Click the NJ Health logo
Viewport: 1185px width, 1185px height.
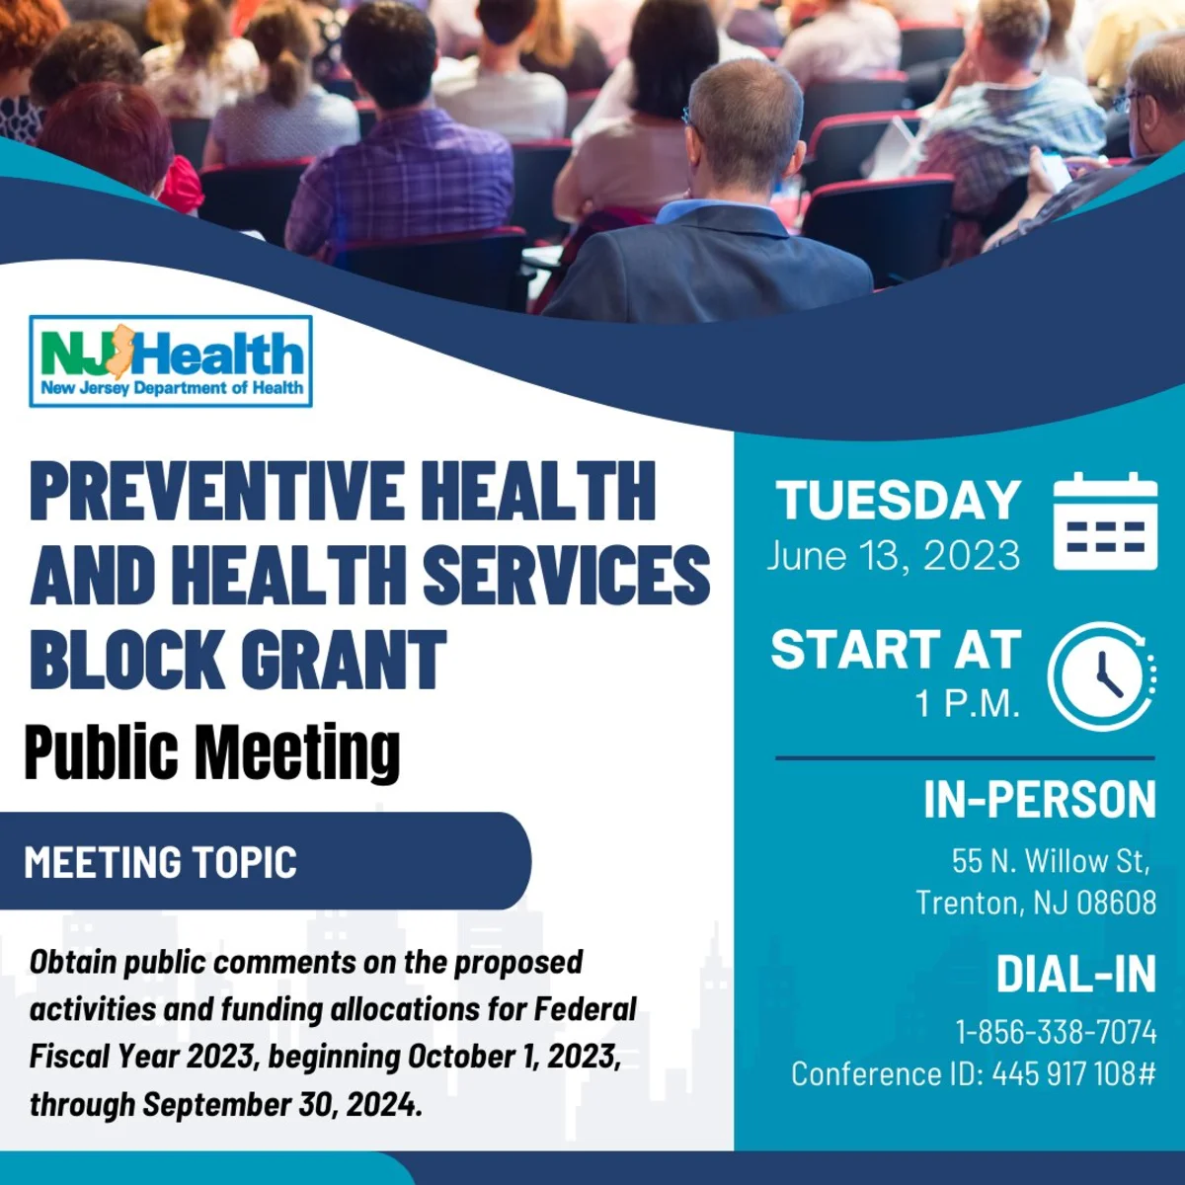[x=171, y=361]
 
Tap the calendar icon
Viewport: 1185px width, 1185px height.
[x=1105, y=520]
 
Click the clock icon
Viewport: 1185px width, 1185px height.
[x=1102, y=675]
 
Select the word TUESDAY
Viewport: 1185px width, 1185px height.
[x=898, y=500]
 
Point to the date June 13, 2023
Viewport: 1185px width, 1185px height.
[x=894, y=555]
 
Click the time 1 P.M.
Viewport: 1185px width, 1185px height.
[x=968, y=703]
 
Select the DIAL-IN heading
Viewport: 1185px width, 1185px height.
[x=1076, y=974]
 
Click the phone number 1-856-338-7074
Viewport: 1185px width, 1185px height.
[x=1056, y=1032]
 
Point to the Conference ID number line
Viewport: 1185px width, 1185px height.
[x=974, y=1074]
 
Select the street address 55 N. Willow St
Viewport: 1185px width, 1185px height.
[x=1051, y=861]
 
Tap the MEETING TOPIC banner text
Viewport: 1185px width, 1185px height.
[x=161, y=861]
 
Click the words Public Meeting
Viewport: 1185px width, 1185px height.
[x=212, y=752]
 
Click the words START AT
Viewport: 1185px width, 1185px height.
[x=896, y=649]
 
